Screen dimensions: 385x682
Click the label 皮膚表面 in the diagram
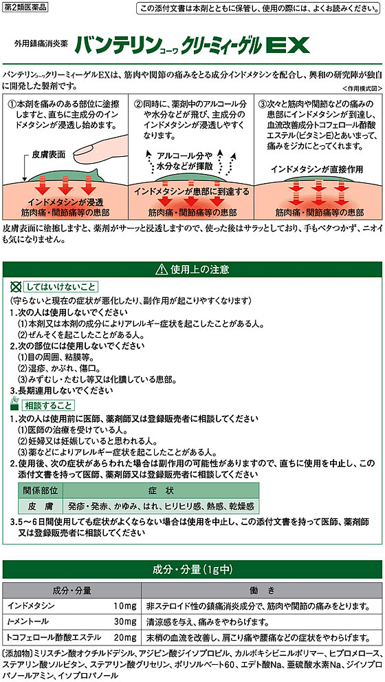pyautogui.click(x=47, y=155)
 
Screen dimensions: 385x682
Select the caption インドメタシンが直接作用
pyautogui.click(x=317, y=169)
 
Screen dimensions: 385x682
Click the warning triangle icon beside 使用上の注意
pyautogui.click(x=160, y=270)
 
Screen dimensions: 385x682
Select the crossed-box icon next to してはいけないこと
pyautogui.click(x=16, y=286)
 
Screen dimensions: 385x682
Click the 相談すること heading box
pyautogui.click(x=48, y=405)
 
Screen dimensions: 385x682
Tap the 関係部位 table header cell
pyautogui.click(x=41, y=491)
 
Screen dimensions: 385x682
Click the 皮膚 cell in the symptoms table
pyautogui.click(x=41, y=507)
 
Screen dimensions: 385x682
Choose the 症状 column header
pyautogui.click(x=161, y=491)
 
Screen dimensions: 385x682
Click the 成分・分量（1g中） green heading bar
pyautogui.click(x=192, y=570)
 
